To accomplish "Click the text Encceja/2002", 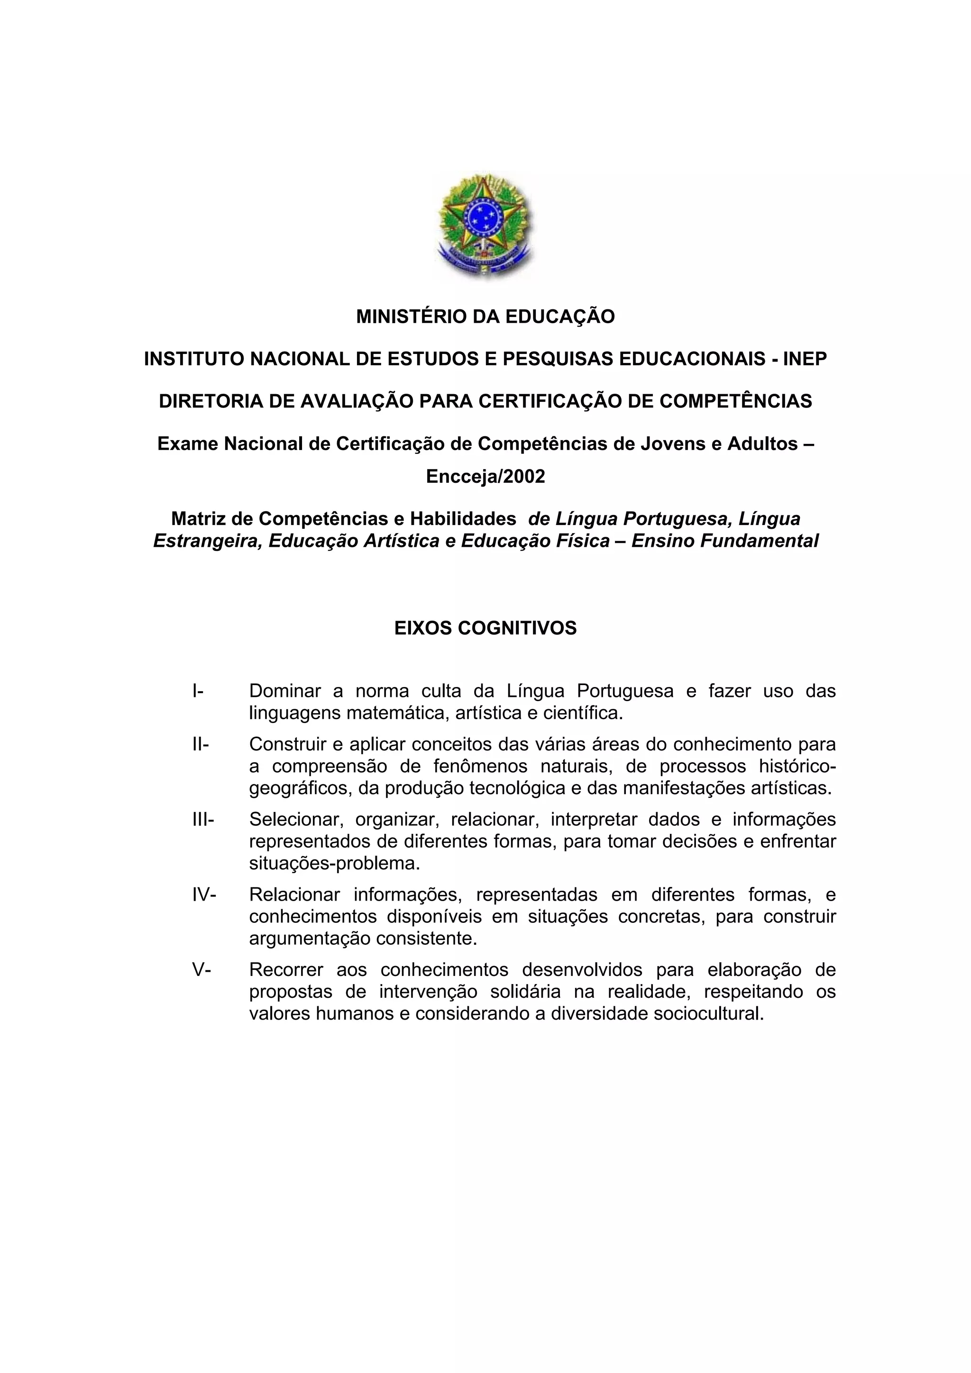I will [485, 477].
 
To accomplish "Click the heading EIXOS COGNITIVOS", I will [485, 628].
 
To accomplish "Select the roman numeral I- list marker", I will [197, 691].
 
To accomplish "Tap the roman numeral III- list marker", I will [203, 819].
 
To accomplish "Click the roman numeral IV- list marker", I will [204, 894].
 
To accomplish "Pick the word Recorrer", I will [286, 969].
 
